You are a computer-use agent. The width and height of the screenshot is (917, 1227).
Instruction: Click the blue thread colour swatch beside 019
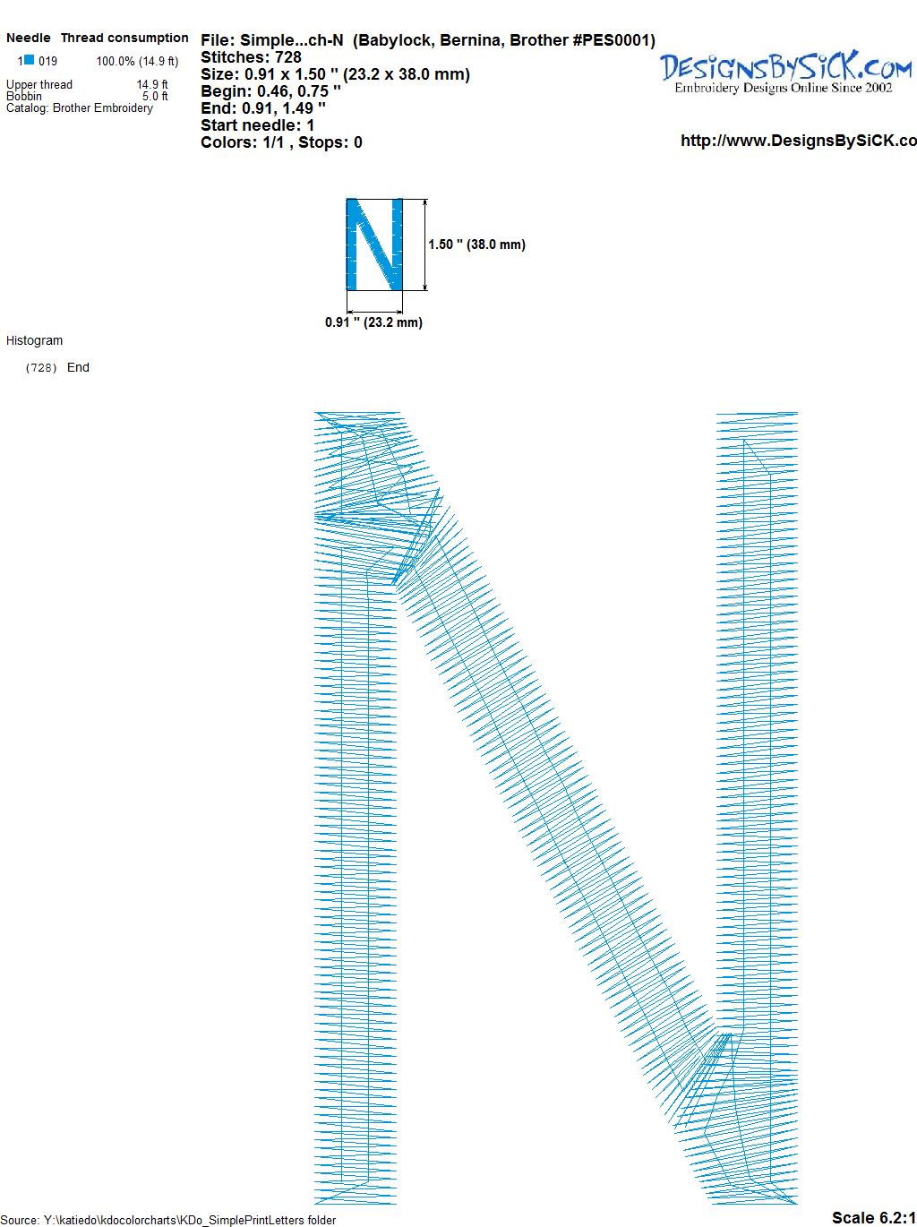(x=30, y=59)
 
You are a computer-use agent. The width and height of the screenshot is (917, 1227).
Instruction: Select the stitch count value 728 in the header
(x=287, y=57)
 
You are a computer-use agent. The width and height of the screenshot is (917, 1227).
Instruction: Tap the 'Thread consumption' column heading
(x=124, y=38)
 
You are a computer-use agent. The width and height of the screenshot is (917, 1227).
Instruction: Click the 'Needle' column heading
(x=29, y=38)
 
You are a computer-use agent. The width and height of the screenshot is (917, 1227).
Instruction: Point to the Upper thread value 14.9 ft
(x=152, y=84)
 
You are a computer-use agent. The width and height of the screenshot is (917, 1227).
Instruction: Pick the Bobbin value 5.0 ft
(x=155, y=96)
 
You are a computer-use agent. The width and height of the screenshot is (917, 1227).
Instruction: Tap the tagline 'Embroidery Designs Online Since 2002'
(x=784, y=88)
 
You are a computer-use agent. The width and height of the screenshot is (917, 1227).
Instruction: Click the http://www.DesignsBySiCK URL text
(x=799, y=141)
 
